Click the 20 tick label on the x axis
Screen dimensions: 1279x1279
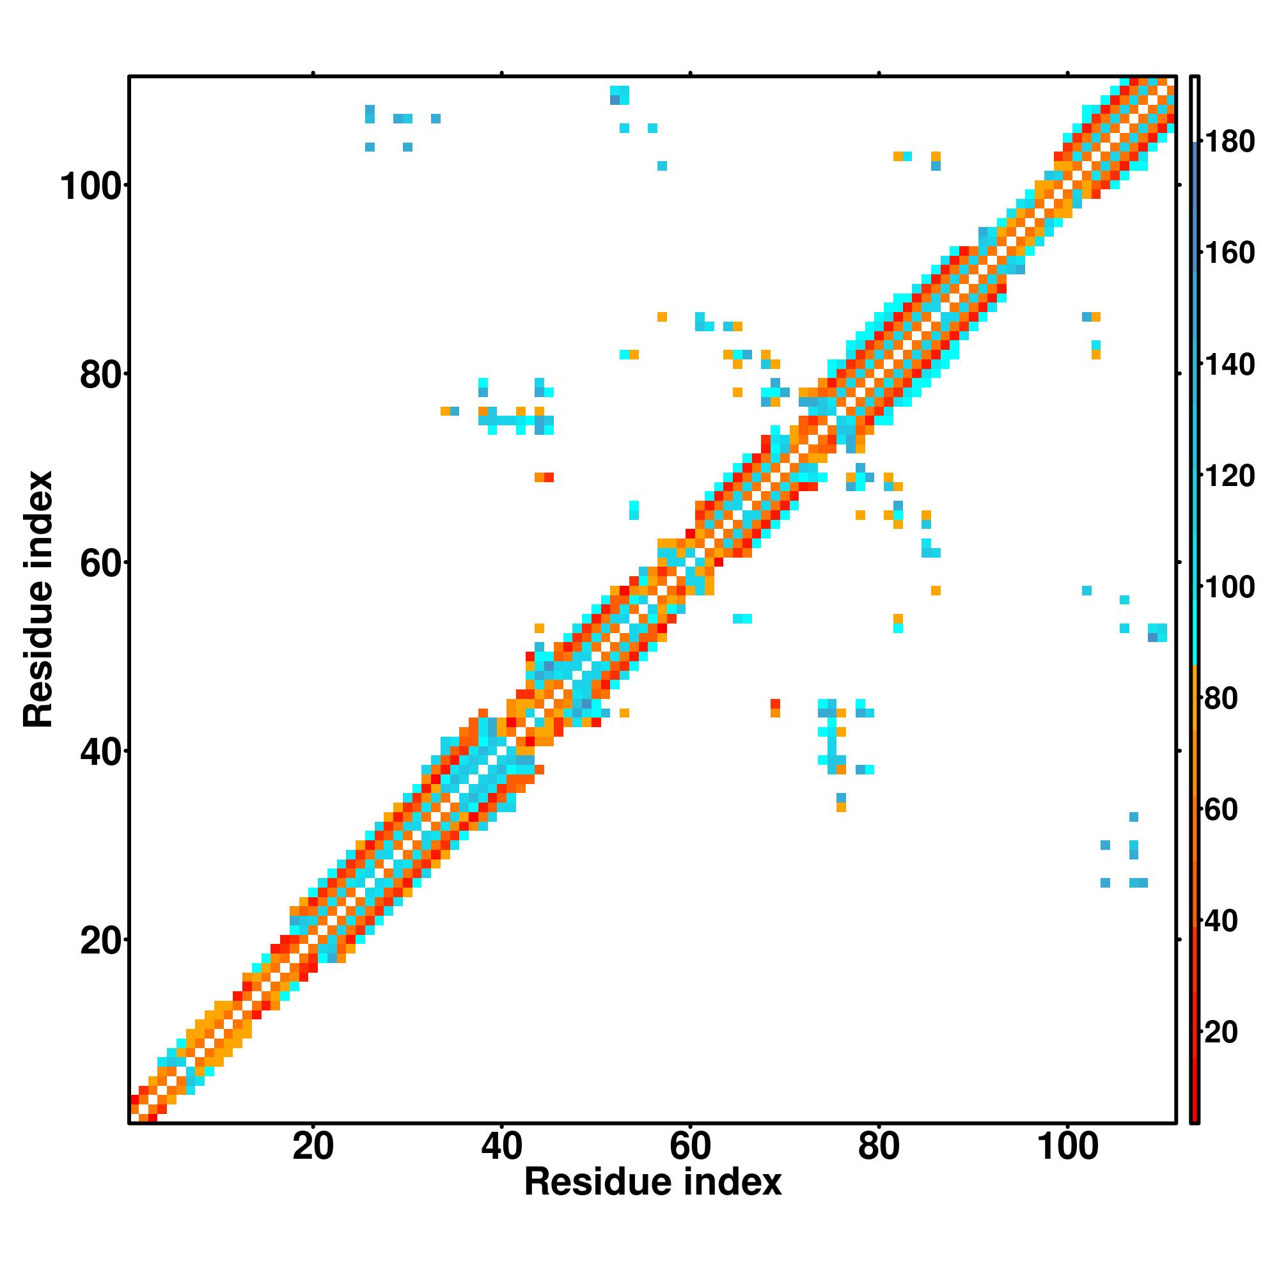313,1146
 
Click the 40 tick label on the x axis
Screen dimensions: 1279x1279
501,1146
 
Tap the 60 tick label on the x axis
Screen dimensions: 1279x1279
690,1146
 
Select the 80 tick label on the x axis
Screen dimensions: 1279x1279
879,1146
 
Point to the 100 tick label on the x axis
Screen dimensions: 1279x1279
1067,1146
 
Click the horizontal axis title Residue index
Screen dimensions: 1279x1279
653,1182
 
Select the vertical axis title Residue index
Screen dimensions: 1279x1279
38,600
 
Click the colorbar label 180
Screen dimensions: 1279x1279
1229,142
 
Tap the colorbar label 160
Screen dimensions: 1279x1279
1229,253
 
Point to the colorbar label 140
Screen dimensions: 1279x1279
1229,364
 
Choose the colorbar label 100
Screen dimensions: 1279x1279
1229,587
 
